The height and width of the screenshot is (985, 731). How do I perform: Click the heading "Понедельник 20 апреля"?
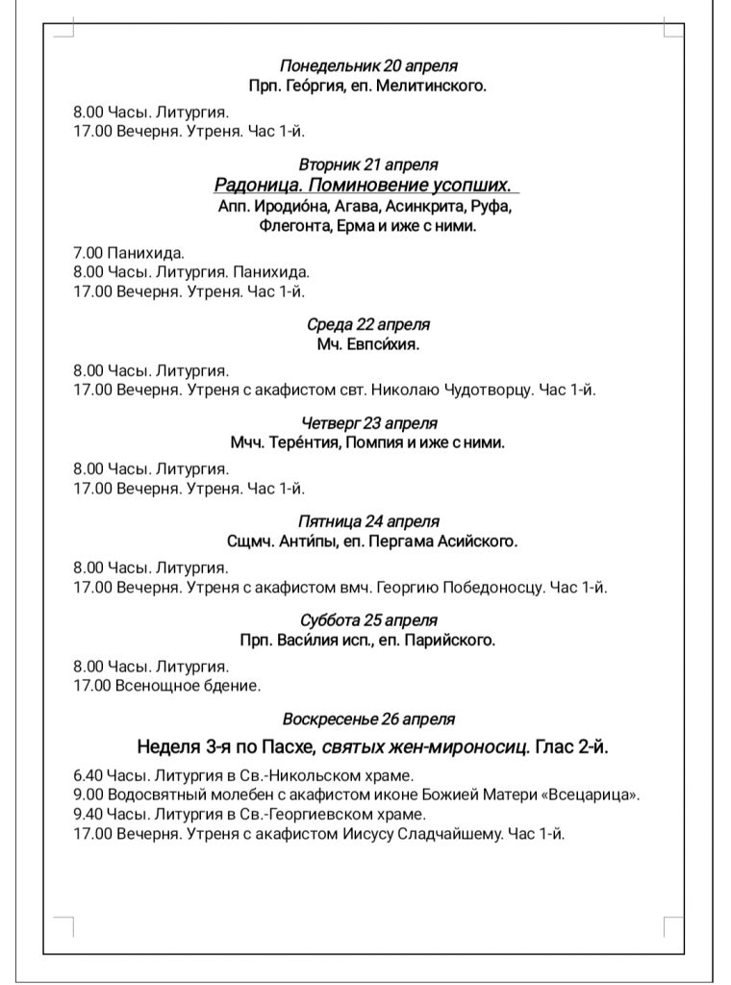point(368,66)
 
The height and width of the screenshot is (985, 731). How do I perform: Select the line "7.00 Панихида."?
point(129,253)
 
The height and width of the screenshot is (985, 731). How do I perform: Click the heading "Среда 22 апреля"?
point(368,324)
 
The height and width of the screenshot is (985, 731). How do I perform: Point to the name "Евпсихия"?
point(388,343)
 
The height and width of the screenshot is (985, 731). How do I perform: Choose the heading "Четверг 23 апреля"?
point(368,423)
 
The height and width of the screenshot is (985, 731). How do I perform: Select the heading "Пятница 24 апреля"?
point(368,521)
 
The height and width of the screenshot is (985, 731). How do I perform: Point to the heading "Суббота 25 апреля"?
point(368,620)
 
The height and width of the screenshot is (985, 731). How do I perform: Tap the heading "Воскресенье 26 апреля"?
point(368,719)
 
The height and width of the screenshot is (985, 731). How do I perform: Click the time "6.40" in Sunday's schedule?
point(88,775)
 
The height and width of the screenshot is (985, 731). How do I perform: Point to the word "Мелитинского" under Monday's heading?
point(436,86)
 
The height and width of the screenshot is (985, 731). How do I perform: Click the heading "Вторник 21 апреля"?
point(368,164)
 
